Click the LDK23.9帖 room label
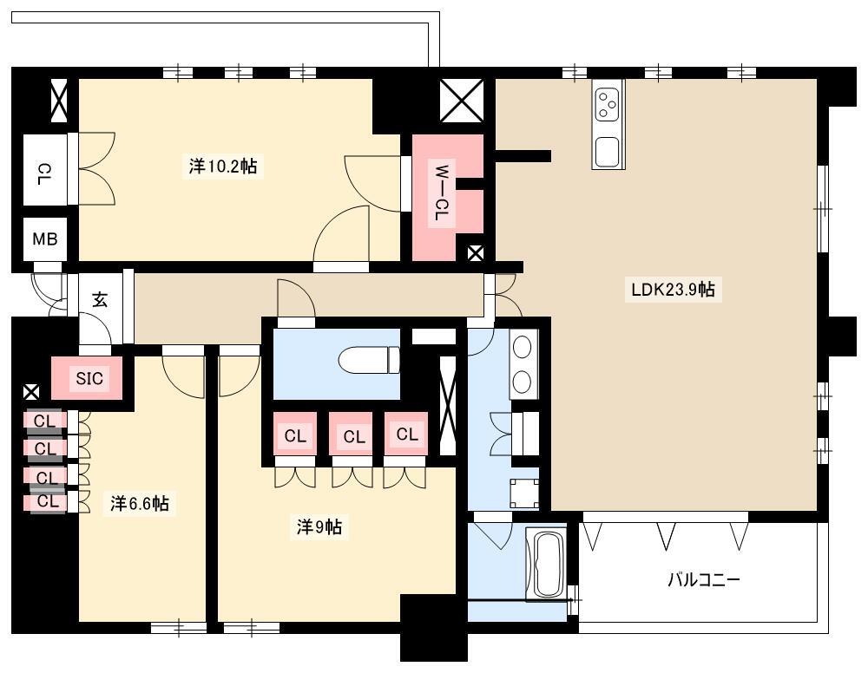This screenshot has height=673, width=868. (673, 289)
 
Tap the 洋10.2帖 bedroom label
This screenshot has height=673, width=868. (222, 166)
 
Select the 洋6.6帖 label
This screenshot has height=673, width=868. (139, 504)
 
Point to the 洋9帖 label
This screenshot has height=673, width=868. (319, 527)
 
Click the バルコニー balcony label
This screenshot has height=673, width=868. (704, 579)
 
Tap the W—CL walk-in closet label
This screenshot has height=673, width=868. (441, 193)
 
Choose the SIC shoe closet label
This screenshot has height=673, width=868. (89, 378)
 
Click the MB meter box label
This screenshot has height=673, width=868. (45, 238)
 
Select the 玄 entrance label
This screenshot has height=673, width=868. (100, 300)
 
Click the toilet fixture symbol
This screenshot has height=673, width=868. (369, 359)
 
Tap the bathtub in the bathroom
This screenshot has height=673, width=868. (546, 565)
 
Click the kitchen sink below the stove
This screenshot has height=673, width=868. (608, 151)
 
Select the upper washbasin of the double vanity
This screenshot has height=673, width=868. (523, 348)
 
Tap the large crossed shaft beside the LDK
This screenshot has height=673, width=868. (462, 100)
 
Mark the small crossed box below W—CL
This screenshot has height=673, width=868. (476, 253)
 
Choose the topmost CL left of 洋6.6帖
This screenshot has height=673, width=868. (44, 421)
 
